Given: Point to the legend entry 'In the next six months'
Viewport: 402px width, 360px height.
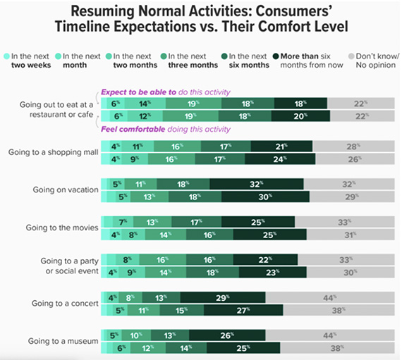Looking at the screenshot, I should (248, 61).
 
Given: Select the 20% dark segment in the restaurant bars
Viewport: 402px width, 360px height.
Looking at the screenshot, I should (300, 116).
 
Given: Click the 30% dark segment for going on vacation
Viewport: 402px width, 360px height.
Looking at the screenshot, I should (264, 197).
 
